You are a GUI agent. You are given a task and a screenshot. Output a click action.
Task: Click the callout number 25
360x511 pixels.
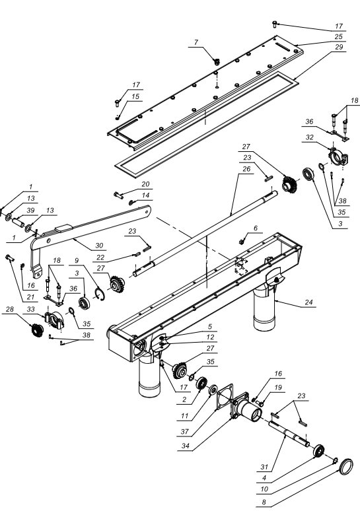tap(339, 36)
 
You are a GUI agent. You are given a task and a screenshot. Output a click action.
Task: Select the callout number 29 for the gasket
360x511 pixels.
tap(339, 47)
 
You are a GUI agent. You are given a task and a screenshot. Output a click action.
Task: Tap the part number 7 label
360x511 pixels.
tap(196, 42)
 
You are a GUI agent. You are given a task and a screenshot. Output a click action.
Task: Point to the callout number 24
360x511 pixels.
tap(308, 302)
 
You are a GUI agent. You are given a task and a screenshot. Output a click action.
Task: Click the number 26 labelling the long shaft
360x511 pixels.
tap(246, 169)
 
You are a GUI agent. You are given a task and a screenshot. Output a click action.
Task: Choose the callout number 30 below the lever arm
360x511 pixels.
tap(99, 246)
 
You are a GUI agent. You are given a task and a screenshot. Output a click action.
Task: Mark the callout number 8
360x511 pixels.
tap(264, 502)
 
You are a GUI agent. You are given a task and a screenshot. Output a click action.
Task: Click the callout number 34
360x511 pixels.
tap(185, 446)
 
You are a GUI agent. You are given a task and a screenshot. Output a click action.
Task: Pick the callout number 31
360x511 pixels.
tap(264, 467)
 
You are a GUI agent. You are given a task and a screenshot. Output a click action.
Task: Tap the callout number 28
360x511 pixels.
tap(10, 309)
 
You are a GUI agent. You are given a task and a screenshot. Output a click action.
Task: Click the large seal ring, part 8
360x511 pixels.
tap(346, 467)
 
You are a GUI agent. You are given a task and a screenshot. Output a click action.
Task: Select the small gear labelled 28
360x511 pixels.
tap(37, 330)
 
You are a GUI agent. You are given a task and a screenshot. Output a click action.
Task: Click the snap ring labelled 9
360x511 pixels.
tap(100, 294)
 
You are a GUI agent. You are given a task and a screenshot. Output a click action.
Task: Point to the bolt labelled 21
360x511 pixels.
tap(9, 258)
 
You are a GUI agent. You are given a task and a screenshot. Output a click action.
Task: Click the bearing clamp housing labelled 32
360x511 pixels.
tap(338, 156)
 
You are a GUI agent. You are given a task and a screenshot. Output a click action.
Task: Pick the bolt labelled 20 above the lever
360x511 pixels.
tap(118, 195)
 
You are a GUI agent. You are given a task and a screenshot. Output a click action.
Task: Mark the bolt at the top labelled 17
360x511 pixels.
tap(274, 24)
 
